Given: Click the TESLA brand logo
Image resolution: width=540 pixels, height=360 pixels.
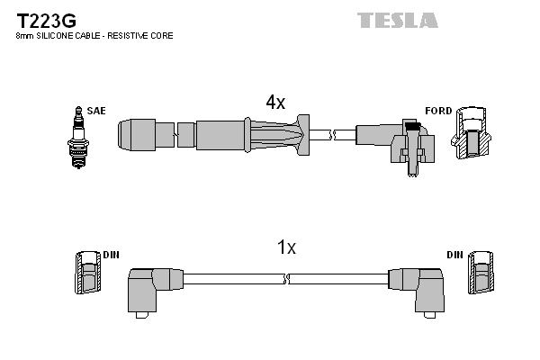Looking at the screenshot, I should coord(397,20).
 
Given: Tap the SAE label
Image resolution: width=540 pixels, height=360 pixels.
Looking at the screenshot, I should coord(97,111).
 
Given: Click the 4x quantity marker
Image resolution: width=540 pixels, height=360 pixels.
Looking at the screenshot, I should coord(274,103).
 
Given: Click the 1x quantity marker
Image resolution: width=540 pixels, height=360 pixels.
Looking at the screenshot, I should coord(284,247).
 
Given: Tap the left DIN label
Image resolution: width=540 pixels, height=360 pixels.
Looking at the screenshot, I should coord(111,256).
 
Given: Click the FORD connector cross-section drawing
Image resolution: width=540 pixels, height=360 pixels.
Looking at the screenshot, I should coord(471,136).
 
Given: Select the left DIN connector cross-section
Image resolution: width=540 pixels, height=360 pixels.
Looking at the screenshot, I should coord(86,273).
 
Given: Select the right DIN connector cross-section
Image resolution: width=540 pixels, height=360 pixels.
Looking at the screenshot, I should coord(481,273).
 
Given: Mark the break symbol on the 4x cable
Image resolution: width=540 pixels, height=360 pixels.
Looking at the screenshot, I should coord(332,135).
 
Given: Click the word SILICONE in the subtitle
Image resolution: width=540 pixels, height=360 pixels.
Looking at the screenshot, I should coord(57,36).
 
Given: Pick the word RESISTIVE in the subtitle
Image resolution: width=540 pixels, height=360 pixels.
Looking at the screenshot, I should coord(129,36).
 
